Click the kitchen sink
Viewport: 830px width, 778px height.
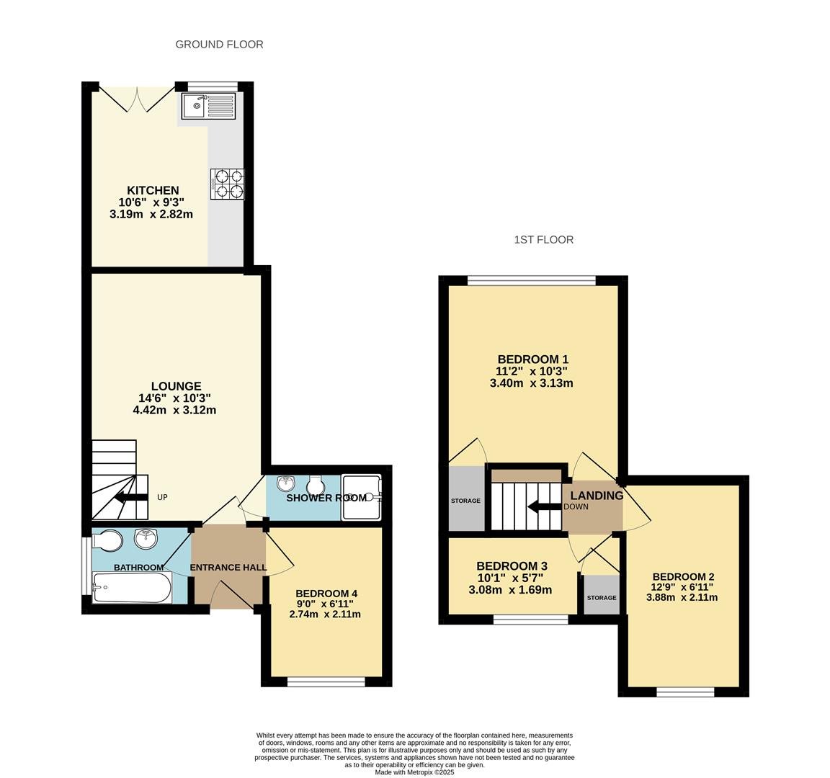coord(208,106)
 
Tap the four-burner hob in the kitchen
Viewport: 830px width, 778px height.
coord(228,184)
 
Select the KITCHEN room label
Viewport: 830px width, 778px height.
coord(153,190)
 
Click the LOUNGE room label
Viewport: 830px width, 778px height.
coord(177,386)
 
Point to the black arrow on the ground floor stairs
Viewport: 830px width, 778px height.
coord(131,497)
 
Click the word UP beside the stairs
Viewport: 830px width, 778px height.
coord(163,498)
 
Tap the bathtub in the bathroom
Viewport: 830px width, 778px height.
coord(133,587)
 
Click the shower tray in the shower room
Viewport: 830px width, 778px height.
coord(362,497)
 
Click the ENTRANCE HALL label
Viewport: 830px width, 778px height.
coord(228,568)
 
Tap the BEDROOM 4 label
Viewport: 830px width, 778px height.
coord(326,594)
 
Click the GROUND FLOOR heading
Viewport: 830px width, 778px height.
coord(219,45)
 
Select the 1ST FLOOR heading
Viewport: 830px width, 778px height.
coord(544,240)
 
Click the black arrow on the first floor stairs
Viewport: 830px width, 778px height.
coord(544,507)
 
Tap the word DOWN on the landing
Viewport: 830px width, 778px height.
coord(576,506)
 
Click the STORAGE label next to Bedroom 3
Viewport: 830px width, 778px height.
coord(602,597)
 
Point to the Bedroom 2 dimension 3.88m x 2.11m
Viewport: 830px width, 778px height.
coord(682,597)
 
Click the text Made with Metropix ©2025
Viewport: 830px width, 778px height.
coord(414,772)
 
